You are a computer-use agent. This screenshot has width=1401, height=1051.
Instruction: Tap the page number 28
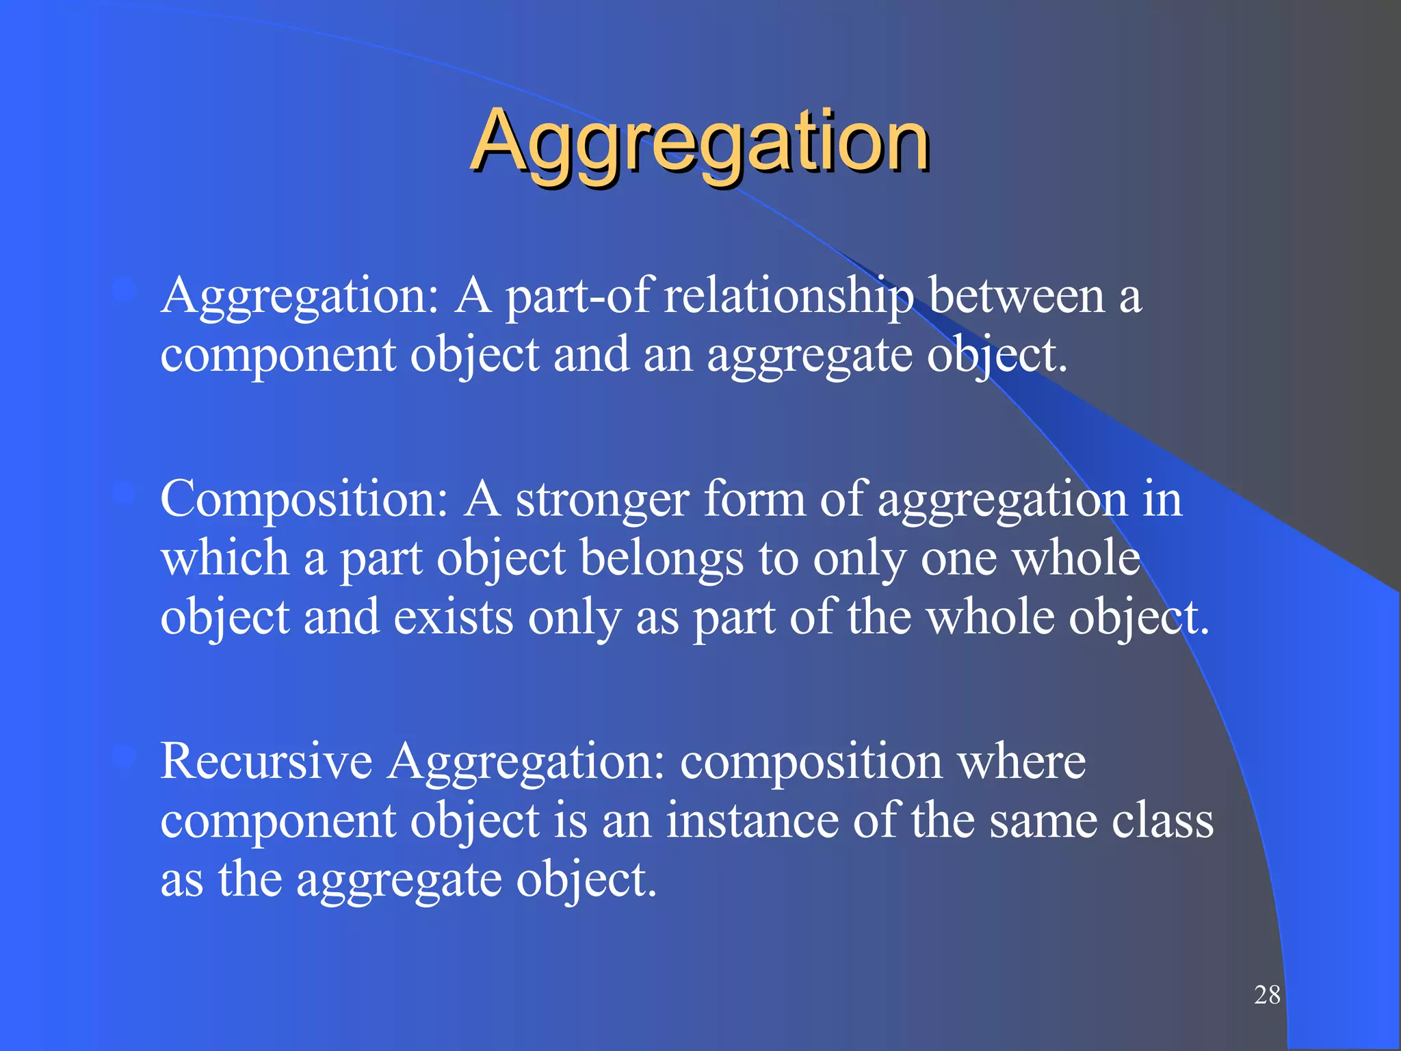(x=1267, y=995)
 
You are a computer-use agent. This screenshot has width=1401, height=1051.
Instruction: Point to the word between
(x=1017, y=296)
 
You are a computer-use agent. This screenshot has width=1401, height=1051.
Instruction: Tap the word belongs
(x=662, y=558)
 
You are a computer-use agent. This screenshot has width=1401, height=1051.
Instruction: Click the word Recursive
(x=266, y=761)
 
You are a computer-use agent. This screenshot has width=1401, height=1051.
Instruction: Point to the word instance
(x=752, y=820)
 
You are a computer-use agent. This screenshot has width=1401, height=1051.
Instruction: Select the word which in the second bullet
(x=225, y=558)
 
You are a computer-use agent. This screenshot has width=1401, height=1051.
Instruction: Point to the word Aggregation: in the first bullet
(x=300, y=297)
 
